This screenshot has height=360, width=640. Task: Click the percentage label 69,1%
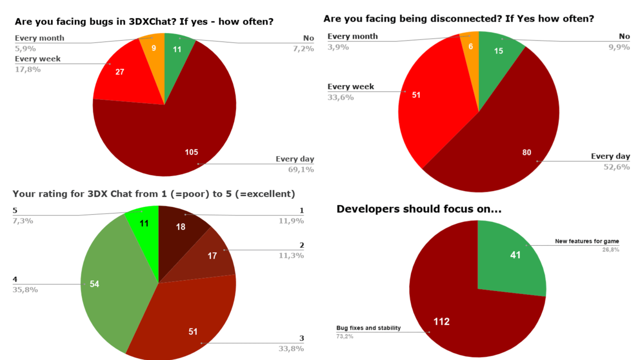click(301, 169)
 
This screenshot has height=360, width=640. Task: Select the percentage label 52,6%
click(616, 167)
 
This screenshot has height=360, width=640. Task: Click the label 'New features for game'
click(587, 241)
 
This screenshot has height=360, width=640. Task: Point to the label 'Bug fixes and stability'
click(368, 328)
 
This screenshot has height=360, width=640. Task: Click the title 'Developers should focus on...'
click(419, 209)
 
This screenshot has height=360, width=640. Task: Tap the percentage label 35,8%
click(25, 290)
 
